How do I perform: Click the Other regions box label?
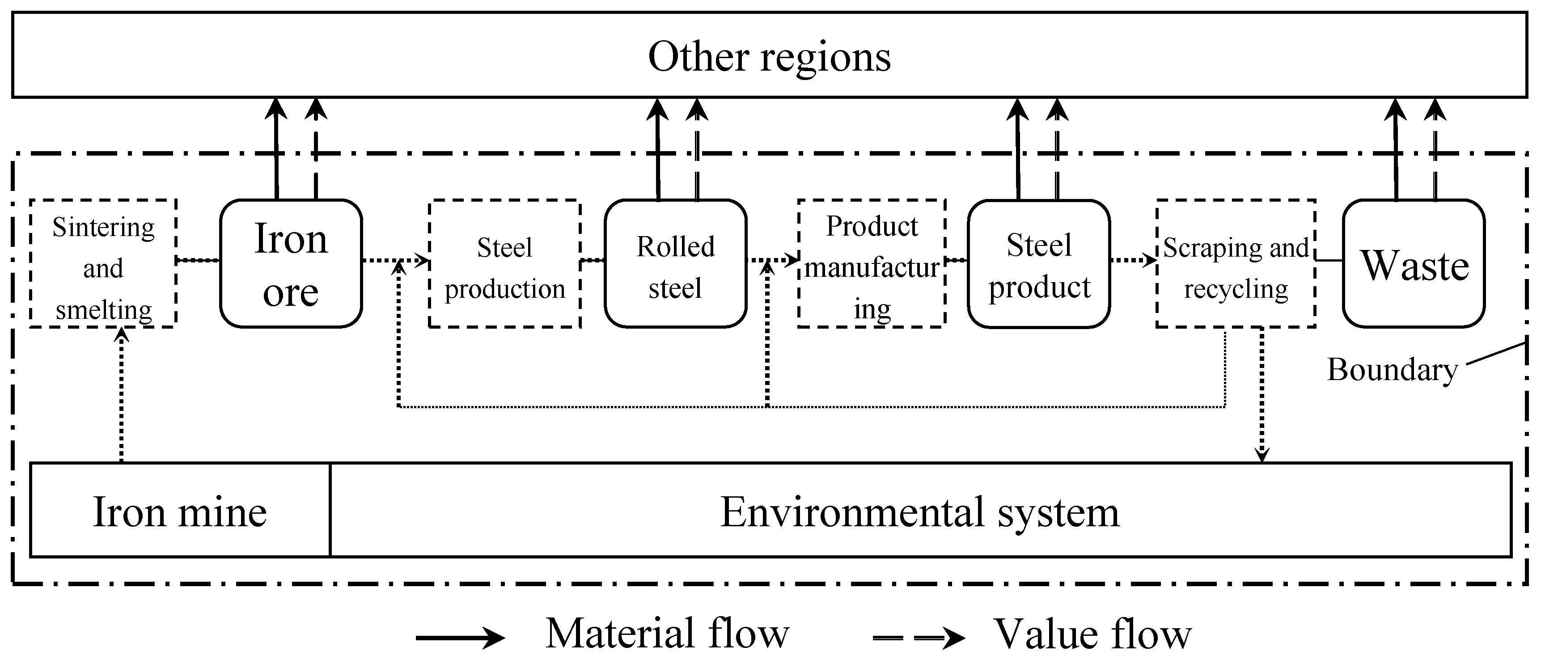click(769, 57)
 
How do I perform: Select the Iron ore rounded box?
click(291, 264)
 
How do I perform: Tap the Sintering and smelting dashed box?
click(103, 264)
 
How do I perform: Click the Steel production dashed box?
click(504, 264)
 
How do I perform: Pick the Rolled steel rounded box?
click(675, 264)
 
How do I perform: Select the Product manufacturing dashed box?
click(872, 264)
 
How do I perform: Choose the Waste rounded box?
click(1414, 264)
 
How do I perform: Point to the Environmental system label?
click(919, 512)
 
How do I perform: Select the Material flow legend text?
click(667, 633)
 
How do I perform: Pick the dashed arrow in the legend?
click(918, 638)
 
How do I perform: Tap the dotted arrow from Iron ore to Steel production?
click(395, 260)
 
